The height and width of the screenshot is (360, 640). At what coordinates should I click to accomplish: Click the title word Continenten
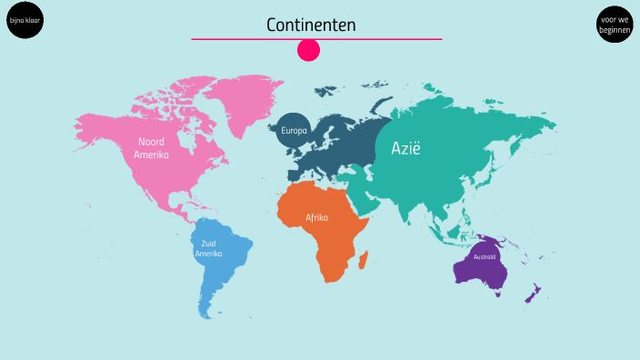coord(311,25)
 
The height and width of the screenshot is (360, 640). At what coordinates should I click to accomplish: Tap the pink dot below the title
coord(309,50)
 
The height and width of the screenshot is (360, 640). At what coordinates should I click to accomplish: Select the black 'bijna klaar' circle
coord(25,20)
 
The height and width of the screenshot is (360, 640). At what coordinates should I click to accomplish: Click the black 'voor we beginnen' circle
coord(615,24)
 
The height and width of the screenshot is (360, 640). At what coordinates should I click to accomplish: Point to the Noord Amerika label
coord(151,147)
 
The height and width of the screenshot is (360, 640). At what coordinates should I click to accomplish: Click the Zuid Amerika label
coord(208,247)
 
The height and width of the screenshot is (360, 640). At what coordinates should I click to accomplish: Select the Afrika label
coord(316,218)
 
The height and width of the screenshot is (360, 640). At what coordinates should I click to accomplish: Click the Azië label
coord(406,148)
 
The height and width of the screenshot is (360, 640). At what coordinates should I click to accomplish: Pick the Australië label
coord(485,257)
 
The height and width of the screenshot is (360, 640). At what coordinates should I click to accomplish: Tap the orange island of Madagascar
coord(364,261)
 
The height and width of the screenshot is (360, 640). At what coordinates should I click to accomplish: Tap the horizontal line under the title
coord(316,39)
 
